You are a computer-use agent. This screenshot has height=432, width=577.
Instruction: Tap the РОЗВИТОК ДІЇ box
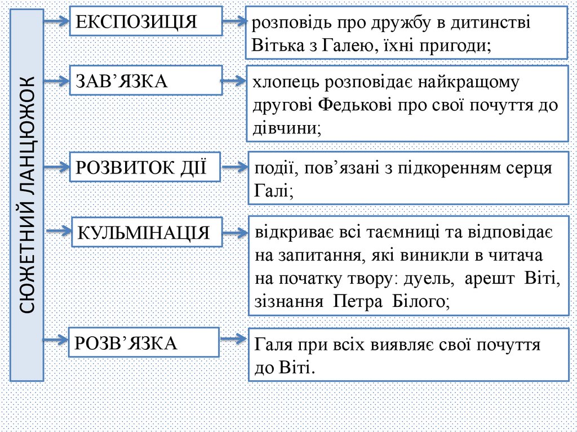point(144,167)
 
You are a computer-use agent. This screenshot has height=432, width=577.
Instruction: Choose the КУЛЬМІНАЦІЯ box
point(146,231)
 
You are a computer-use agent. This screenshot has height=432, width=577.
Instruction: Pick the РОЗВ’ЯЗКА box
point(144,342)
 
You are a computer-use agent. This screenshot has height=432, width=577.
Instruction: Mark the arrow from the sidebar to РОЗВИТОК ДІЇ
point(56,167)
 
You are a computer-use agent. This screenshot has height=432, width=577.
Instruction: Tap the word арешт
point(492,279)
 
